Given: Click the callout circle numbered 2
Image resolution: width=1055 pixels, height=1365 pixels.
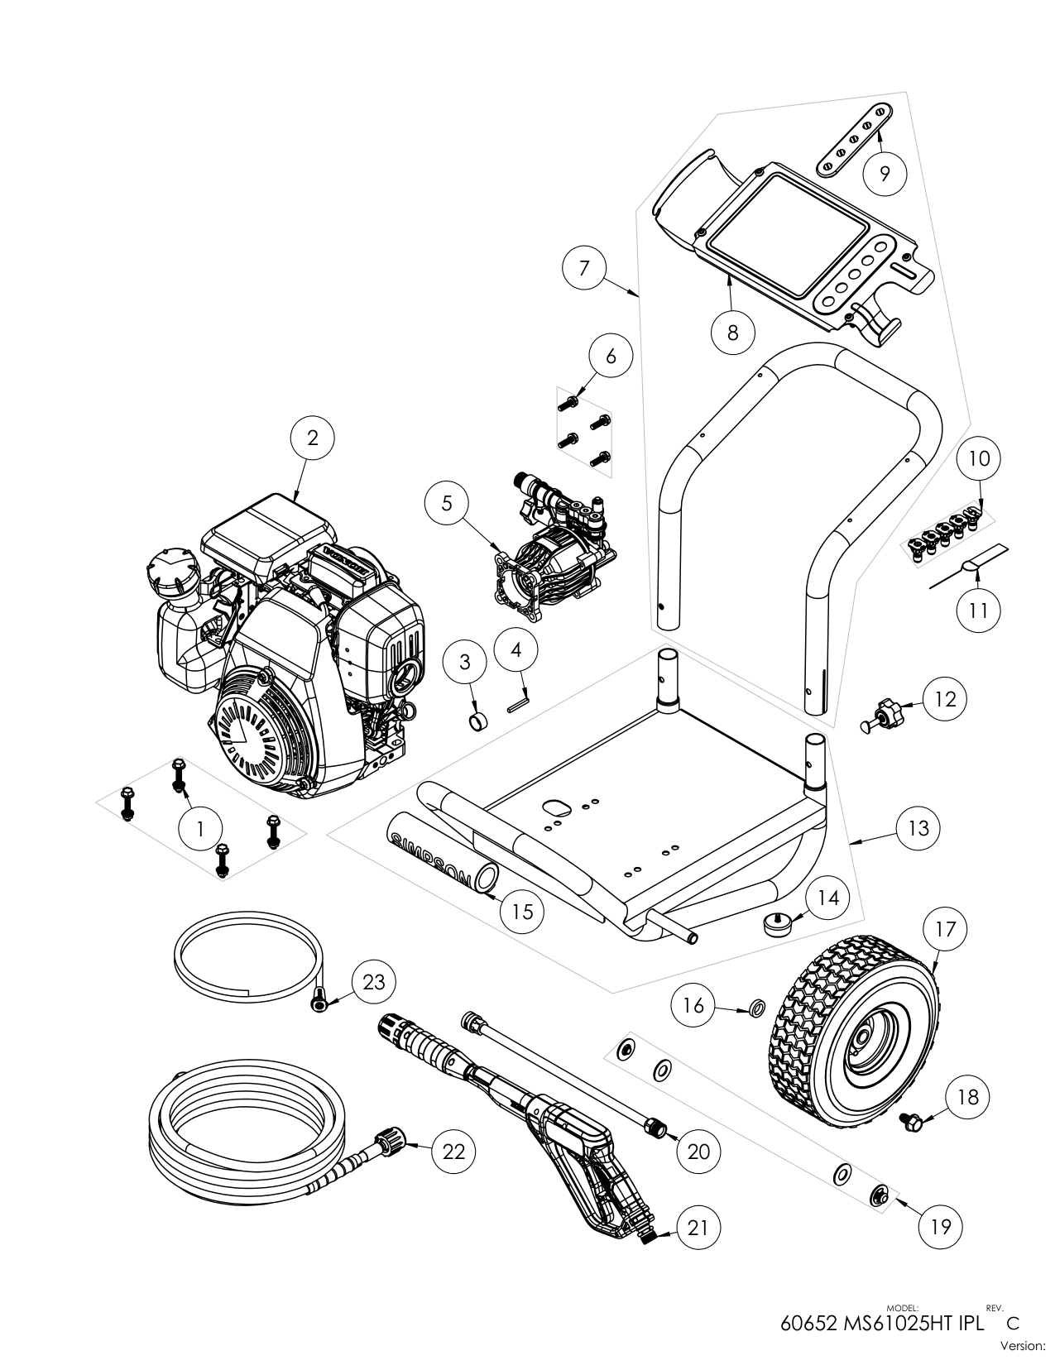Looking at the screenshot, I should coord(312,438).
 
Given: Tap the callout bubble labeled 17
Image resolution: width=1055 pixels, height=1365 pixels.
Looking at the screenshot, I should coord(945,929).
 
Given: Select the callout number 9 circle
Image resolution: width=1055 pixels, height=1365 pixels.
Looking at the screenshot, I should coord(884,173).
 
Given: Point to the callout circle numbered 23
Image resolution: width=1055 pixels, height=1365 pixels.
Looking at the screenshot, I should coord(373,982).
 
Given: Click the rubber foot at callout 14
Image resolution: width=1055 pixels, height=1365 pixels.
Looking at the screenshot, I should coord(776,922).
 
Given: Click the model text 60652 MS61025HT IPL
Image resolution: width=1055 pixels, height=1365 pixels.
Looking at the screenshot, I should coord(883,1322).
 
